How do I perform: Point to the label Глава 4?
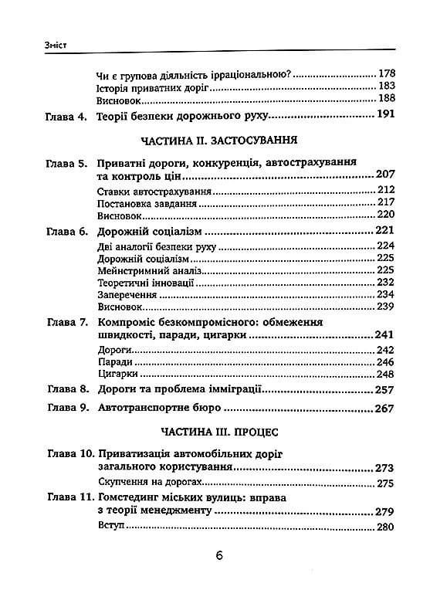63,117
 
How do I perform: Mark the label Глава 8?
63,391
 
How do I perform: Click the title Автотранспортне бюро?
159,409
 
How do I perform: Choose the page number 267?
383,409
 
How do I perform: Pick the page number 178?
386,74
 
